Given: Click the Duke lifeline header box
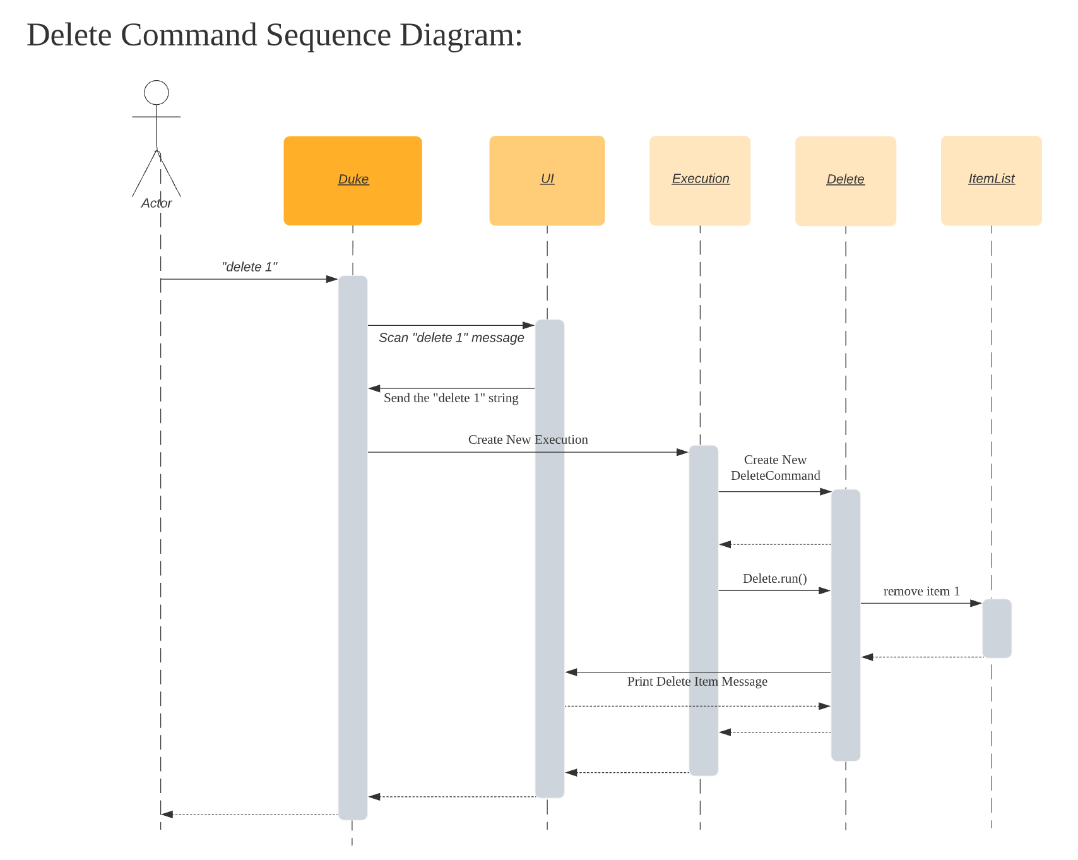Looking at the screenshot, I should coord(353,181).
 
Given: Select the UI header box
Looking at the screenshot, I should coord(547,181).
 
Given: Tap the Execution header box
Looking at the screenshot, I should coord(700,181).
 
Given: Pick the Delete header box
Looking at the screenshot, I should coord(846,181).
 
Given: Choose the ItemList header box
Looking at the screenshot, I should coord(991,181).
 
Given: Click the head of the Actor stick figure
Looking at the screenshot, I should coord(157,93).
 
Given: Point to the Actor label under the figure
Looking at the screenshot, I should coord(157,203).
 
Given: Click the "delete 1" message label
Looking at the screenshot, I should coord(249,267).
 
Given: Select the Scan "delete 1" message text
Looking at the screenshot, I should coord(451,338).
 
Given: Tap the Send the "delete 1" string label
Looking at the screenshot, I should coord(451,398).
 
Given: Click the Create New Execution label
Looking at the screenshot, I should coord(528,439).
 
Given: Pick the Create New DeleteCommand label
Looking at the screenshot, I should coord(775,468).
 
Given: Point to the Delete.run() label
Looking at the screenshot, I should coord(774,578).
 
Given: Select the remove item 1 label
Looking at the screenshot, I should coord(921,591).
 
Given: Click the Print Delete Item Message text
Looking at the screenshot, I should coord(697,681).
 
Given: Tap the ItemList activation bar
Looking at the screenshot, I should coord(997,628).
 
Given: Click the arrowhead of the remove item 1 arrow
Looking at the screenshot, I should coord(976,603).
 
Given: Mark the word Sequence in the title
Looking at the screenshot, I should coord(328,35).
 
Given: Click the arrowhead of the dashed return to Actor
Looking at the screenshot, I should coord(167,815).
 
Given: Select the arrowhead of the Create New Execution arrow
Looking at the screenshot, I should coord(682,452).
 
